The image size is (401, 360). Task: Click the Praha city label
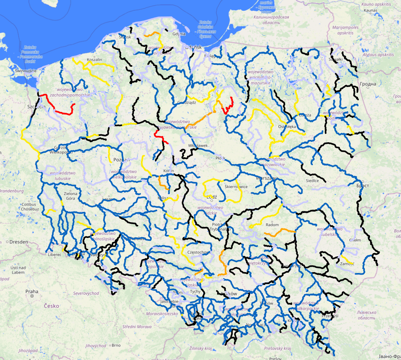pos(32,291)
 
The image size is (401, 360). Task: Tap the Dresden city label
pos(19,241)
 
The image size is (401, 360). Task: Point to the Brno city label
pos(116,345)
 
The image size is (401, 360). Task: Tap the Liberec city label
pos(54,254)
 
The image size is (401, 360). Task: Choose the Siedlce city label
pos(312,180)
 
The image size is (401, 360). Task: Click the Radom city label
pos(272,225)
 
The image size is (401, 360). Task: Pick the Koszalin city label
pos(94,60)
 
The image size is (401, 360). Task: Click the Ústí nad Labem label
pos(19,270)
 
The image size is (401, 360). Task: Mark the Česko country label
pos(52,306)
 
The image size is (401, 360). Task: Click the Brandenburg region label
pos(12,191)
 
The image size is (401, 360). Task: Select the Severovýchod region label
pos(86,293)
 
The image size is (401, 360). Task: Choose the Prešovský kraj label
pos(277,348)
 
